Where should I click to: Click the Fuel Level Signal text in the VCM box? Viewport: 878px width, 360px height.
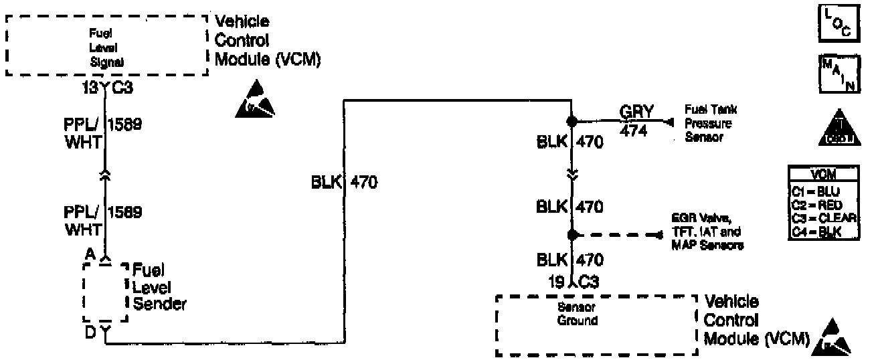click(106, 47)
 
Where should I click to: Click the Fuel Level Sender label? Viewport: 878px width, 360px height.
click(159, 288)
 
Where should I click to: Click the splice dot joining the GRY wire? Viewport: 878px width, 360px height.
click(572, 122)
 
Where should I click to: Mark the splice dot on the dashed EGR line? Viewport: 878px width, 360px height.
click(572, 235)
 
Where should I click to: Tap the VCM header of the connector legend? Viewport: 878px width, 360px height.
click(823, 175)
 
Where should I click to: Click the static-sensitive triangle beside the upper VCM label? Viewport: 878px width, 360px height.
click(255, 99)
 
